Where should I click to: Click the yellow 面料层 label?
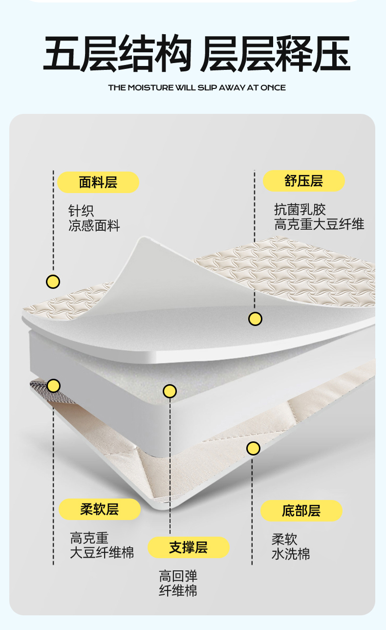point(98,182)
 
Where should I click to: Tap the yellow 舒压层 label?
point(304,181)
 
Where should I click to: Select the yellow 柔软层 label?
point(100,509)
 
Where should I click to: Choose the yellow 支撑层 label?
point(189,547)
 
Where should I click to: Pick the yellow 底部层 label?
point(301,511)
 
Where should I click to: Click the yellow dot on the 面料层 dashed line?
point(53,282)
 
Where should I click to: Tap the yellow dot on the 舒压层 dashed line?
point(255,319)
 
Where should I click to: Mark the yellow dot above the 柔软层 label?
point(53,386)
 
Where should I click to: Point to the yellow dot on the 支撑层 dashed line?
point(170,391)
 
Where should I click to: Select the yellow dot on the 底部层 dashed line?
point(253,448)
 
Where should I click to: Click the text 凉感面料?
point(94,226)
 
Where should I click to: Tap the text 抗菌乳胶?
point(300,210)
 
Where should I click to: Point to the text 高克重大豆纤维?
point(319,224)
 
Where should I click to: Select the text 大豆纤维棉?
point(102,553)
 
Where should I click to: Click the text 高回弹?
point(178,576)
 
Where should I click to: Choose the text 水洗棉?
point(291,554)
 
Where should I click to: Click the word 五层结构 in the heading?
point(117,53)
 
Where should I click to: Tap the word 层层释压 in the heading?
point(275,53)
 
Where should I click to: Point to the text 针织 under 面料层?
point(81,211)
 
